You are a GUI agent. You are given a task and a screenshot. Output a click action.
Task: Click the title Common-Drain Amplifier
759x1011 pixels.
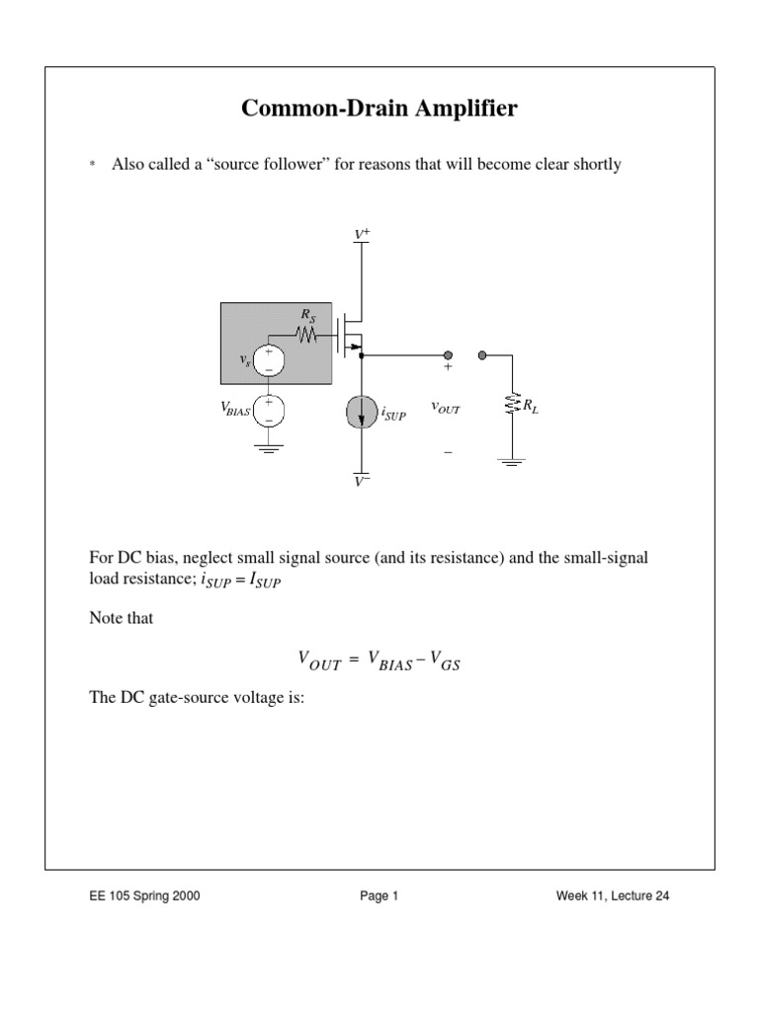point(379,110)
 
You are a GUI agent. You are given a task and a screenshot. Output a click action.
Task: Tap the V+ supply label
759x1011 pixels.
point(363,234)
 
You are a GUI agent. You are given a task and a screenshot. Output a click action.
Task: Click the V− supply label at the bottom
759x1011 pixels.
point(363,482)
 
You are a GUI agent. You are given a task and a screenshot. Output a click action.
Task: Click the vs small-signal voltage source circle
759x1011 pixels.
point(269,361)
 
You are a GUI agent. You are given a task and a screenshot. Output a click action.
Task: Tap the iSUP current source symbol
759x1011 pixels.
point(363,412)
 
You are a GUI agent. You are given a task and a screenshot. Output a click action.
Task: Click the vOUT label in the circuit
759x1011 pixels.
point(447,407)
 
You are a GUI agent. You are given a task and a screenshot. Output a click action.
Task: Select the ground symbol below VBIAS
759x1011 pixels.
point(269,448)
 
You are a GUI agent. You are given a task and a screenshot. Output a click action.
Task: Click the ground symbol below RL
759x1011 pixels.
point(511,461)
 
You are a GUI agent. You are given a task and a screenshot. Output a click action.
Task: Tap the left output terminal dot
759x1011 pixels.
point(447,354)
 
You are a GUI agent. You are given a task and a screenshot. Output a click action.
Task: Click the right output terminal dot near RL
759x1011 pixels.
point(482,354)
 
